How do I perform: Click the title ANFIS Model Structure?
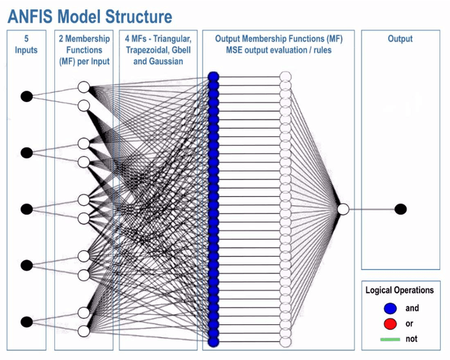[89, 15]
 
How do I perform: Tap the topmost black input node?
[27, 96]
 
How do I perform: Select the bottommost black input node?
[27, 322]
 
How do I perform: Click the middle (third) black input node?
[27, 209]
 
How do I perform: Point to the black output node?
[401, 209]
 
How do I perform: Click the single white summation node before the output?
[342, 209]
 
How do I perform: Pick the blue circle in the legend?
[390, 308]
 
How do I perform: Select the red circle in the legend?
[390, 323]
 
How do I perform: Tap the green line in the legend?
[390, 339]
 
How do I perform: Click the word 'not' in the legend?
[411, 339]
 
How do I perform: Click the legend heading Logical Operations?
[399, 290]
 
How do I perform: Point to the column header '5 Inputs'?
[26, 44]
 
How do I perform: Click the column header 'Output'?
[400, 39]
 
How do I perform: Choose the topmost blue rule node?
[214, 77]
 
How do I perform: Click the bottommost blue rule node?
[214, 342]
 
